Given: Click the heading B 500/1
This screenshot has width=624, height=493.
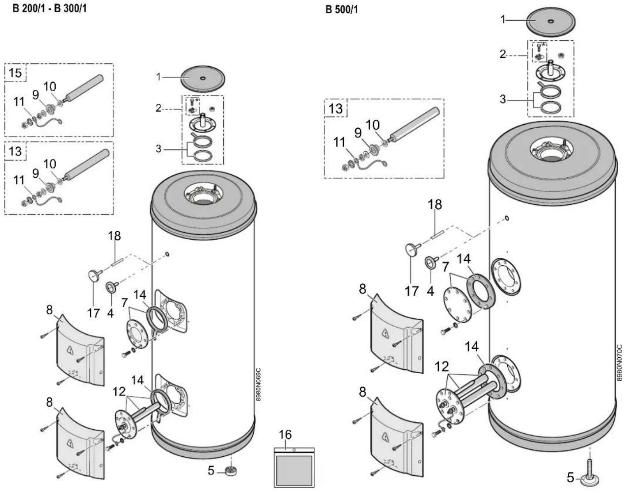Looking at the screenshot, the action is pos(342,10).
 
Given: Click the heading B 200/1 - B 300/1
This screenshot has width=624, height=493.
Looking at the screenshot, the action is pos(49,8).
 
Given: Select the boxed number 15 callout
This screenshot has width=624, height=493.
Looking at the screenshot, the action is pos(15,73).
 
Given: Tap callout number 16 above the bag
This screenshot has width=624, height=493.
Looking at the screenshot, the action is pos(285,435).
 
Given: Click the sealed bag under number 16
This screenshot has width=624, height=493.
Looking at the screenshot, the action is pos(294,467).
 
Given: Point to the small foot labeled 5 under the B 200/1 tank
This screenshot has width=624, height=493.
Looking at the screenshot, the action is pos(231,470).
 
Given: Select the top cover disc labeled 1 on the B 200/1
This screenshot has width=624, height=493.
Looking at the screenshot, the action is pos(203,79).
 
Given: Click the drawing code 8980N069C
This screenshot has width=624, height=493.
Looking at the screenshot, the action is pos(259,385).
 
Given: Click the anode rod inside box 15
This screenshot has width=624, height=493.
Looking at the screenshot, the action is pos(84,88).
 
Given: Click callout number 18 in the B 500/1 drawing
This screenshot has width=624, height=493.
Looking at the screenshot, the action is pos(435,205).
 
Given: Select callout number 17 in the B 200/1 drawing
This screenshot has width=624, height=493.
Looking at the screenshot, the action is pos(93,313).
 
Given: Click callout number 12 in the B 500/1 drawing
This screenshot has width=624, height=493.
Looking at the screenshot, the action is pos(441,367).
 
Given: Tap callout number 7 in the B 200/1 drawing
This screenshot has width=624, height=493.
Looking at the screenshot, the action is pos(124,302).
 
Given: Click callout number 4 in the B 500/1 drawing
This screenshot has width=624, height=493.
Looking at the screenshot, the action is pos(430,291).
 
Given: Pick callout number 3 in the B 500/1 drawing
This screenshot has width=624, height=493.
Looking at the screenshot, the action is pos(502,99).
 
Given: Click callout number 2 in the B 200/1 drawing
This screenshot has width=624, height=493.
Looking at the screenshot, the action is pos(158,108).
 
